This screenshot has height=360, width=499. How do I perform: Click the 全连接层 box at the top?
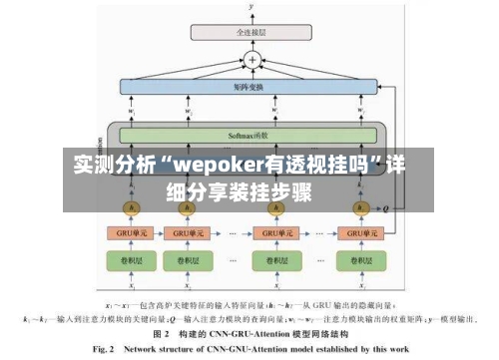(x=251, y=32)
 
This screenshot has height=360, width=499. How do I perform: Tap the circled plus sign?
(x=252, y=60)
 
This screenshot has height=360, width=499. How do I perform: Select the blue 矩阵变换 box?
(x=251, y=88)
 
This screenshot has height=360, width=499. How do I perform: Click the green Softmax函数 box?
(x=251, y=135)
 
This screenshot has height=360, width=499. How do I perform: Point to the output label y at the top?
(x=251, y=7)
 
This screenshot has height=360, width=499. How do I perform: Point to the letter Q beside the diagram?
(x=386, y=208)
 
